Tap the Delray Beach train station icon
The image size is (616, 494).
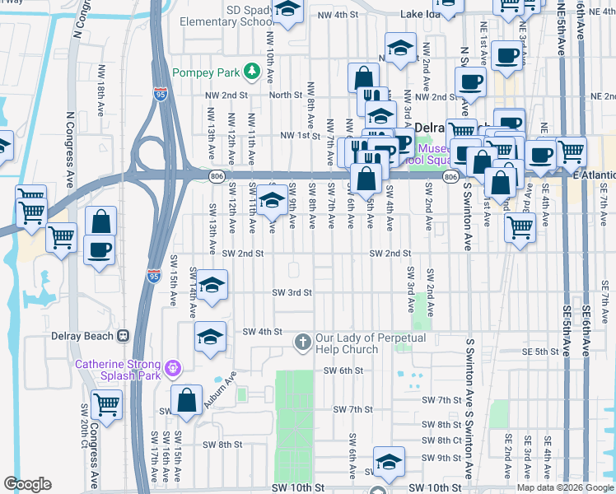pos(124,336)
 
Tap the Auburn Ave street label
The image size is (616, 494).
pos(226,384)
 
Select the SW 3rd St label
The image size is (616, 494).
pos(292,292)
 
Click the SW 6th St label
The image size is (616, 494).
pos(343,370)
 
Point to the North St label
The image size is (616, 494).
pos(286,96)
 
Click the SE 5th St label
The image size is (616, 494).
pos(540,352)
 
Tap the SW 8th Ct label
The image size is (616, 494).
pos(441,440)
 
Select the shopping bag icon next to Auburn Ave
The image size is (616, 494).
pos(188,400)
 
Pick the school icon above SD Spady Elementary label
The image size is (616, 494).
pos(287,11)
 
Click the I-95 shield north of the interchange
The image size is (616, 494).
pos(161,95)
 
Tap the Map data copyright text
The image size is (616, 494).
pos(564,487)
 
